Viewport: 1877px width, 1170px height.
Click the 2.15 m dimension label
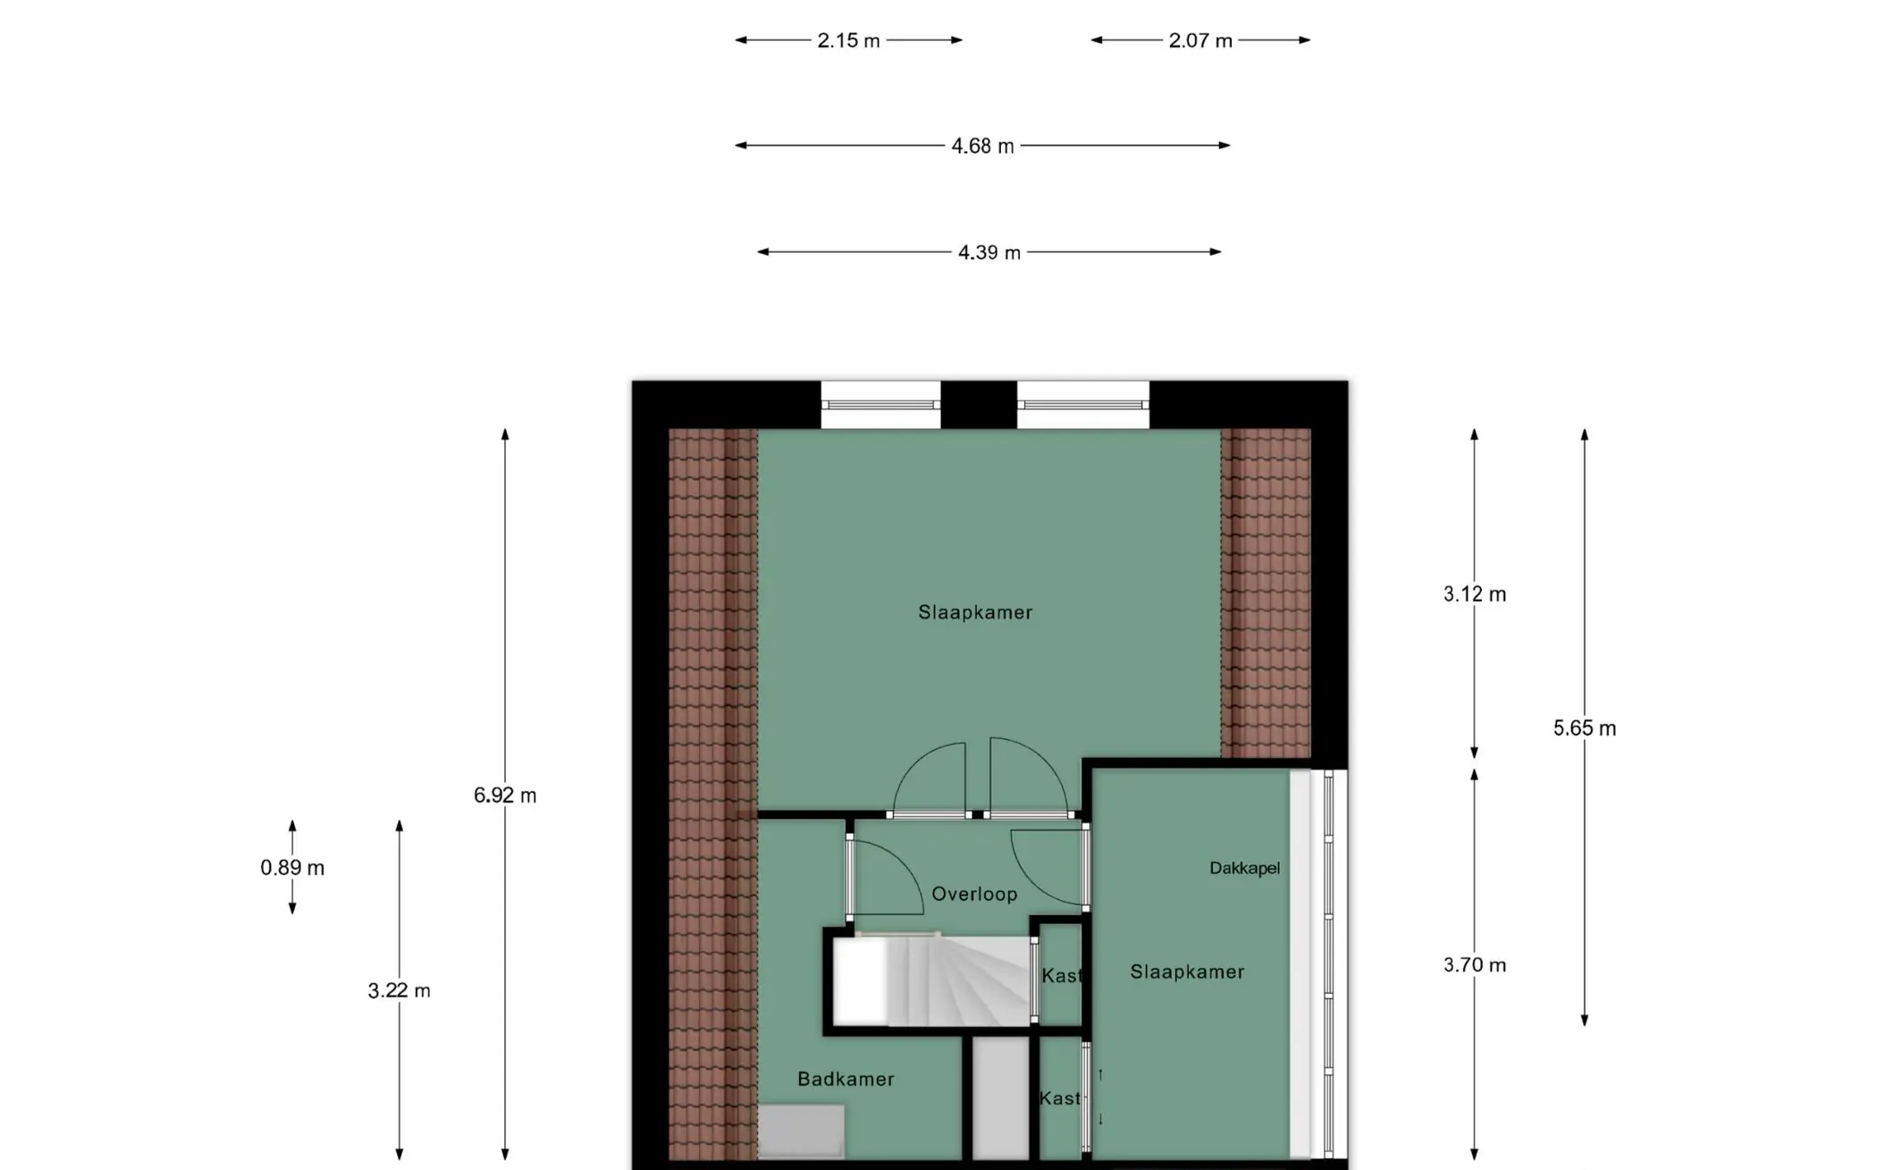(x=848, y=41)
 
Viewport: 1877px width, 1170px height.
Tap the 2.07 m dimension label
(x=1200, y=41)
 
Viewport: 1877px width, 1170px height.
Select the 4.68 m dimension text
(x=982, y=147)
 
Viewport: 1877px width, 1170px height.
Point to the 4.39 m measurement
(x=989, y=253)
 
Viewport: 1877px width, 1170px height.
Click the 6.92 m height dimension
(x=505, y=795)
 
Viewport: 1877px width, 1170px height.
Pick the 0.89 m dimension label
(x=292, y=868)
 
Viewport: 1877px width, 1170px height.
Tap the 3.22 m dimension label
(x=399, y=990)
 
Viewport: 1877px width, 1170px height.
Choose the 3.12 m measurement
(x=1475, y=594)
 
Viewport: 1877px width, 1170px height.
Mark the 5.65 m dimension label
(x=1585, y=728)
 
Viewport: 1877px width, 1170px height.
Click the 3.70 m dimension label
(x=1475, y=965)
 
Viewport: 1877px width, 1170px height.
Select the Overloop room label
(x=974, y=894)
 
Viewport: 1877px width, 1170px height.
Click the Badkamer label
(x=846, y=1079)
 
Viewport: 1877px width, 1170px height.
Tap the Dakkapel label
(x=1244, y=868)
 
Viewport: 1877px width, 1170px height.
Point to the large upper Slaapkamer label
(x=975, y=612)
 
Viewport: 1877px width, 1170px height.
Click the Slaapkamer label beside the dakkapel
(x=1187, y=972)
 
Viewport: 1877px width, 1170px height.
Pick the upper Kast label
(x=1062, y=976)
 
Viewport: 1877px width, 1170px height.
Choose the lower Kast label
(x=1060, y=1098)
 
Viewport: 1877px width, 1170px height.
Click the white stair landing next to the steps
(x=861, y=981)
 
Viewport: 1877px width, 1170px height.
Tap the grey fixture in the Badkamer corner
(x=801, y=1132)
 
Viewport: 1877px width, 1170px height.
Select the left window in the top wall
(x=880, y=405)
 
